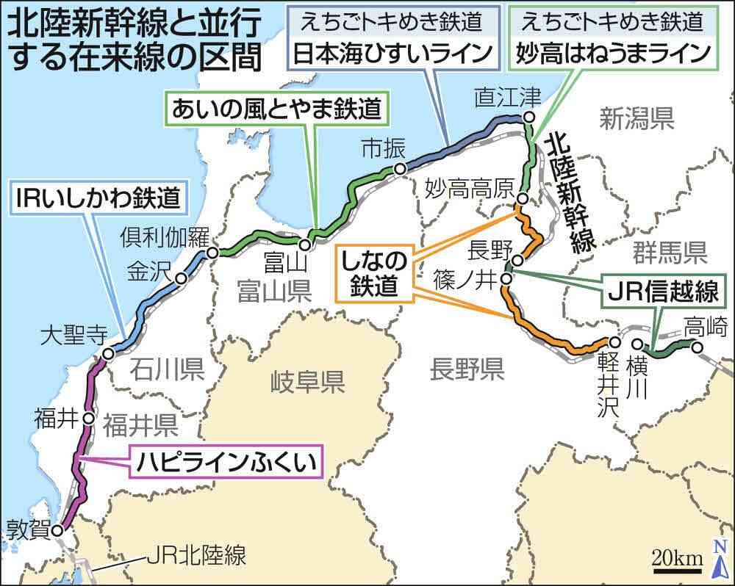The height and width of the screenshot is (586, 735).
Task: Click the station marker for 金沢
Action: [181, 279]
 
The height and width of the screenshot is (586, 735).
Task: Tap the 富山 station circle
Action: [304, 242]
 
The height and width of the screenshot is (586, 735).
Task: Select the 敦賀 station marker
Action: [57, 527]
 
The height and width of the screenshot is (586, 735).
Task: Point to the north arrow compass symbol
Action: [720, 554]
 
